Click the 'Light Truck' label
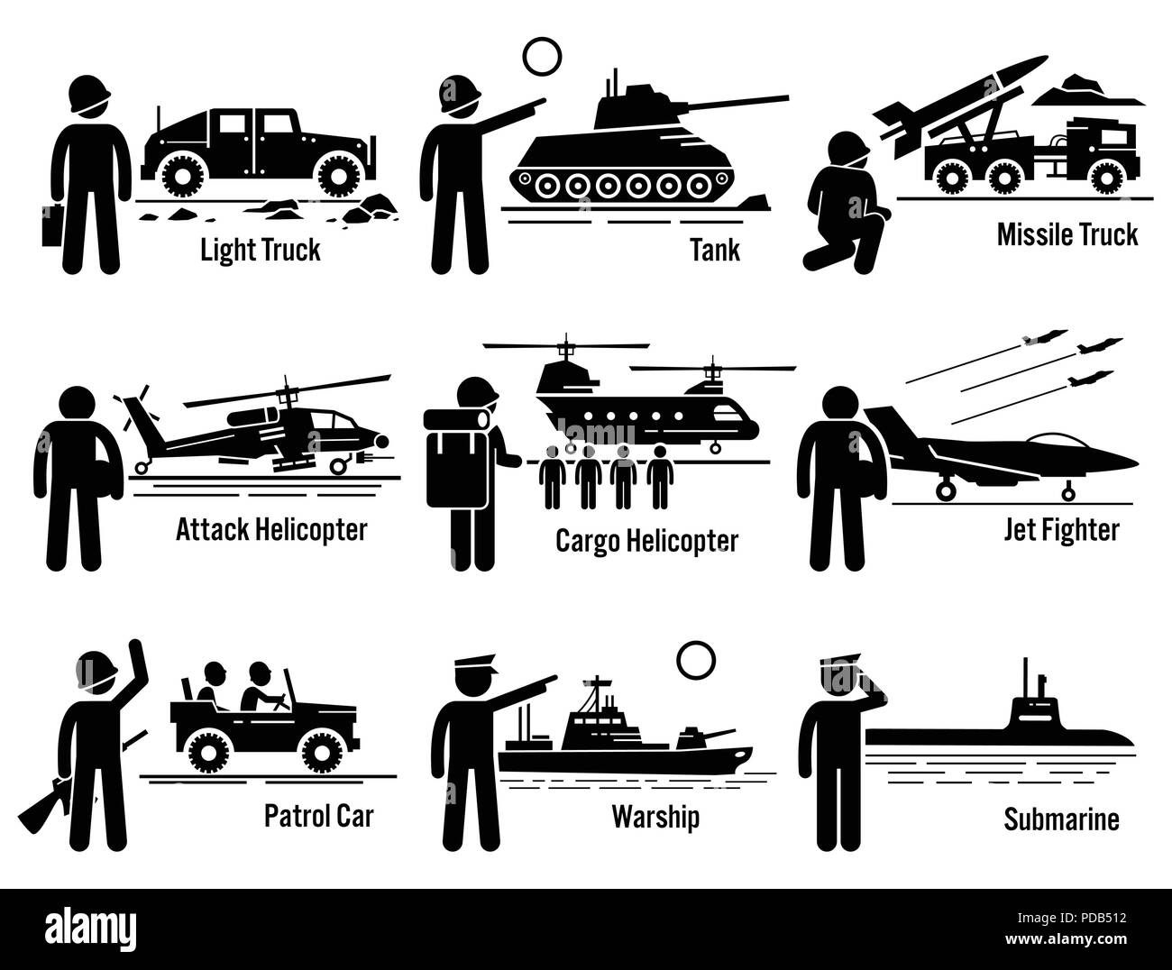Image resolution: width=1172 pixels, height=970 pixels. click(x=260, y=249)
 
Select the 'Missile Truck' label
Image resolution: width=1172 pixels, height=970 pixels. click(x=1067, y=235)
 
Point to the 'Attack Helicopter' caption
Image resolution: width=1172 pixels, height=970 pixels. click(x=271, y=529)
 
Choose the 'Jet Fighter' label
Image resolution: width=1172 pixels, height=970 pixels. click(x=1061, y=529)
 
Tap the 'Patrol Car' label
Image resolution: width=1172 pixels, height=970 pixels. click(x=318, y=816)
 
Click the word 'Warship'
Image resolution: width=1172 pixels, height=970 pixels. click(x=655, y=818)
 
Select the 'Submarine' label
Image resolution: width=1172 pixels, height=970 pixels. click(x=1061, y=819)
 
